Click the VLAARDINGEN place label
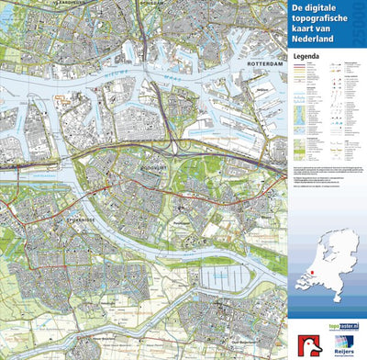point(28,3)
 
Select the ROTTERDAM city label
point(264,63)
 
